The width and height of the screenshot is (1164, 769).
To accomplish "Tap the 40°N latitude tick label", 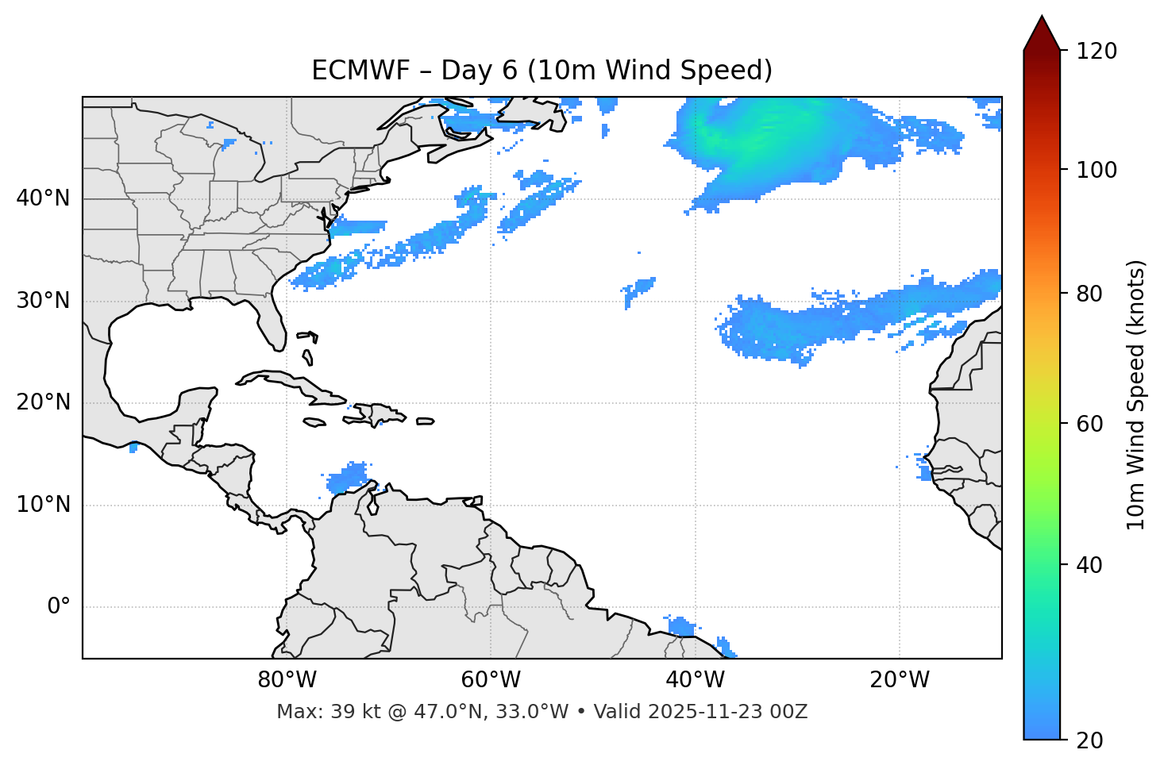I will (x=43, y=198).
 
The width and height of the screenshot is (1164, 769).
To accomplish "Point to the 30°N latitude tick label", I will (x=43, y=301).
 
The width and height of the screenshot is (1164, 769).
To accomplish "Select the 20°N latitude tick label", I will (x=43, y=402).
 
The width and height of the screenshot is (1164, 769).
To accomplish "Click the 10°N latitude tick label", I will (x=43, y=505).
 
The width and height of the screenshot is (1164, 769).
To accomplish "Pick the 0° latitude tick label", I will (x=58, y=607).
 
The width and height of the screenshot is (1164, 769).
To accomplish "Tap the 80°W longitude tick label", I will (x=287, y=680).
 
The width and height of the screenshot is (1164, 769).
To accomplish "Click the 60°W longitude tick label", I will (x=491, y=680).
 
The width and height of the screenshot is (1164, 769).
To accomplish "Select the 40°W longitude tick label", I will (x=695, y=680).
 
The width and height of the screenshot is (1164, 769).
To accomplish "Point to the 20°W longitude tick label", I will (x=899, y=680).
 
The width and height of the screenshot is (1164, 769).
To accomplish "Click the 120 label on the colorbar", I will (x=1096, y=52).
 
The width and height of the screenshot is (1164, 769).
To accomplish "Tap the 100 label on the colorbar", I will (x=1096, y=170).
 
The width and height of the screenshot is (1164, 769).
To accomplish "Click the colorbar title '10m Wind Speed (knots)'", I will (x=1136, y=394).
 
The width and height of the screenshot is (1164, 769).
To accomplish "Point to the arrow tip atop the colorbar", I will (x=1042, y=17).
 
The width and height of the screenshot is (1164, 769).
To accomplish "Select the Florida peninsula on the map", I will (x=272, y=321).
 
